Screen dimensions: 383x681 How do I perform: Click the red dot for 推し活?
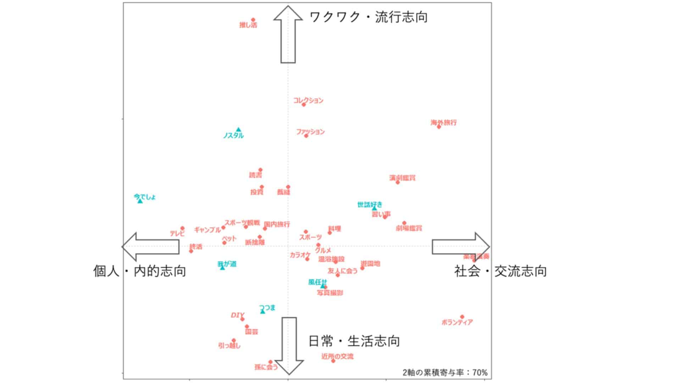click(253, 20)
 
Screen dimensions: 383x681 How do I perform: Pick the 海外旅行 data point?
click(439, 127)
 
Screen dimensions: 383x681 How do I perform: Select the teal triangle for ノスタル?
click(239, 130)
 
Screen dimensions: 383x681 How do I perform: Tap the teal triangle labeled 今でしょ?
click(140, 201)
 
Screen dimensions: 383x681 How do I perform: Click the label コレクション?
click(308, 100)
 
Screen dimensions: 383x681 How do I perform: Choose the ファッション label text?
click(310, 132)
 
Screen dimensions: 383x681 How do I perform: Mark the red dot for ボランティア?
click(462, 317)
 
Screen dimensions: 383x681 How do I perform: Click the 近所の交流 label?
click(337, 356)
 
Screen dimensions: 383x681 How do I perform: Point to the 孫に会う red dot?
click(270, 362)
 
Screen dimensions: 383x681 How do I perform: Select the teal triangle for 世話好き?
click(374, 209)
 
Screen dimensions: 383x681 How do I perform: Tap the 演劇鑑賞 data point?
click(398, 182)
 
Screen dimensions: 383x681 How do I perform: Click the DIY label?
click(237, 315)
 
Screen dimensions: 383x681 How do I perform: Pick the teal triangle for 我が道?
click(222, 268)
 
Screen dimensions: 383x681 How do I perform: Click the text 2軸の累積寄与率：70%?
click(445, 372)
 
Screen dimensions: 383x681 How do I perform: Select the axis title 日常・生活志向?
click(354, 341)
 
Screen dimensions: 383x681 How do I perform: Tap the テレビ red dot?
click(182, 228)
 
